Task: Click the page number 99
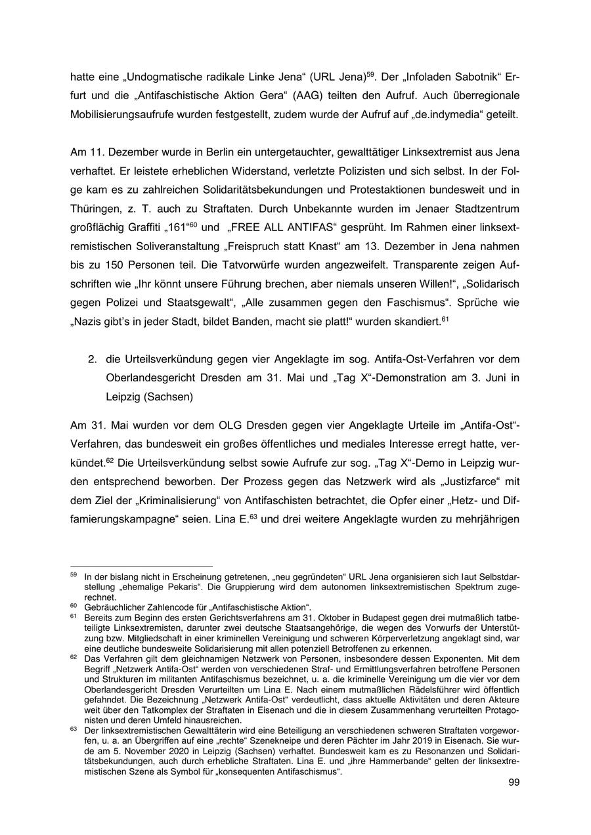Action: click(x=514, y=783)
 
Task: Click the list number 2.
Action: click(x=93, y=360)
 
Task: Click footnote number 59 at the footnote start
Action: click(x=74, y=573)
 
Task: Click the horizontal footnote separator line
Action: click(x=141, y=565)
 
